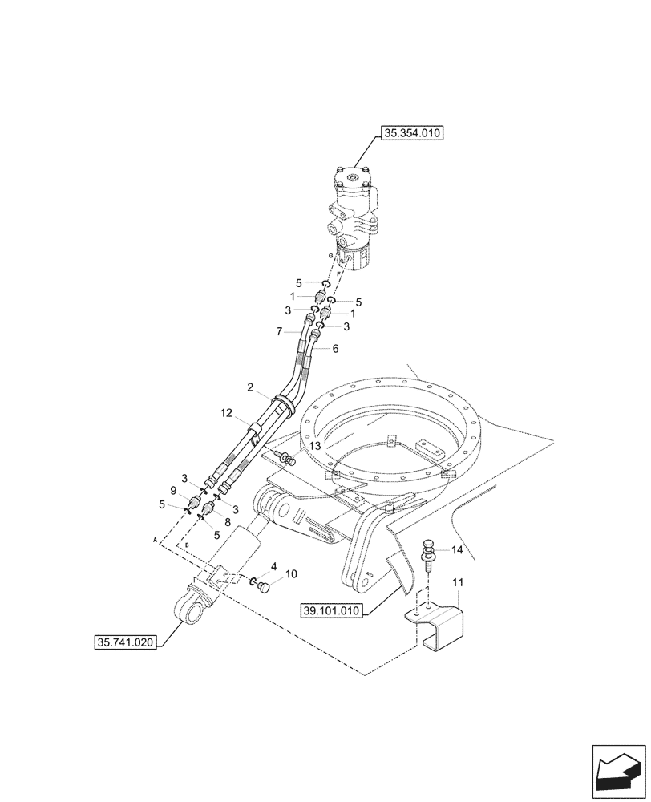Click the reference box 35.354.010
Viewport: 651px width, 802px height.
click(x=413, y=134)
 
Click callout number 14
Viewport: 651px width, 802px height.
click(x=457, y=550)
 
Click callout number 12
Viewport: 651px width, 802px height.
click(x=225, y=413)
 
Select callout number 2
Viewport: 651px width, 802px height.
click(x=250, y=387)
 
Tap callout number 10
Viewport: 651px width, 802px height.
click(x=291, y=574)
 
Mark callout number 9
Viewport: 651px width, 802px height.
click(x=172, y=490)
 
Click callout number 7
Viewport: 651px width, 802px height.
click(x=279, y=331)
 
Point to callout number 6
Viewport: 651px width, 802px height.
click(x=335, y=349)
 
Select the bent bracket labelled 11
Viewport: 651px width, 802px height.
click(x=438, y=626)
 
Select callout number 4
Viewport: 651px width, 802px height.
click(x=273, y=566)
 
